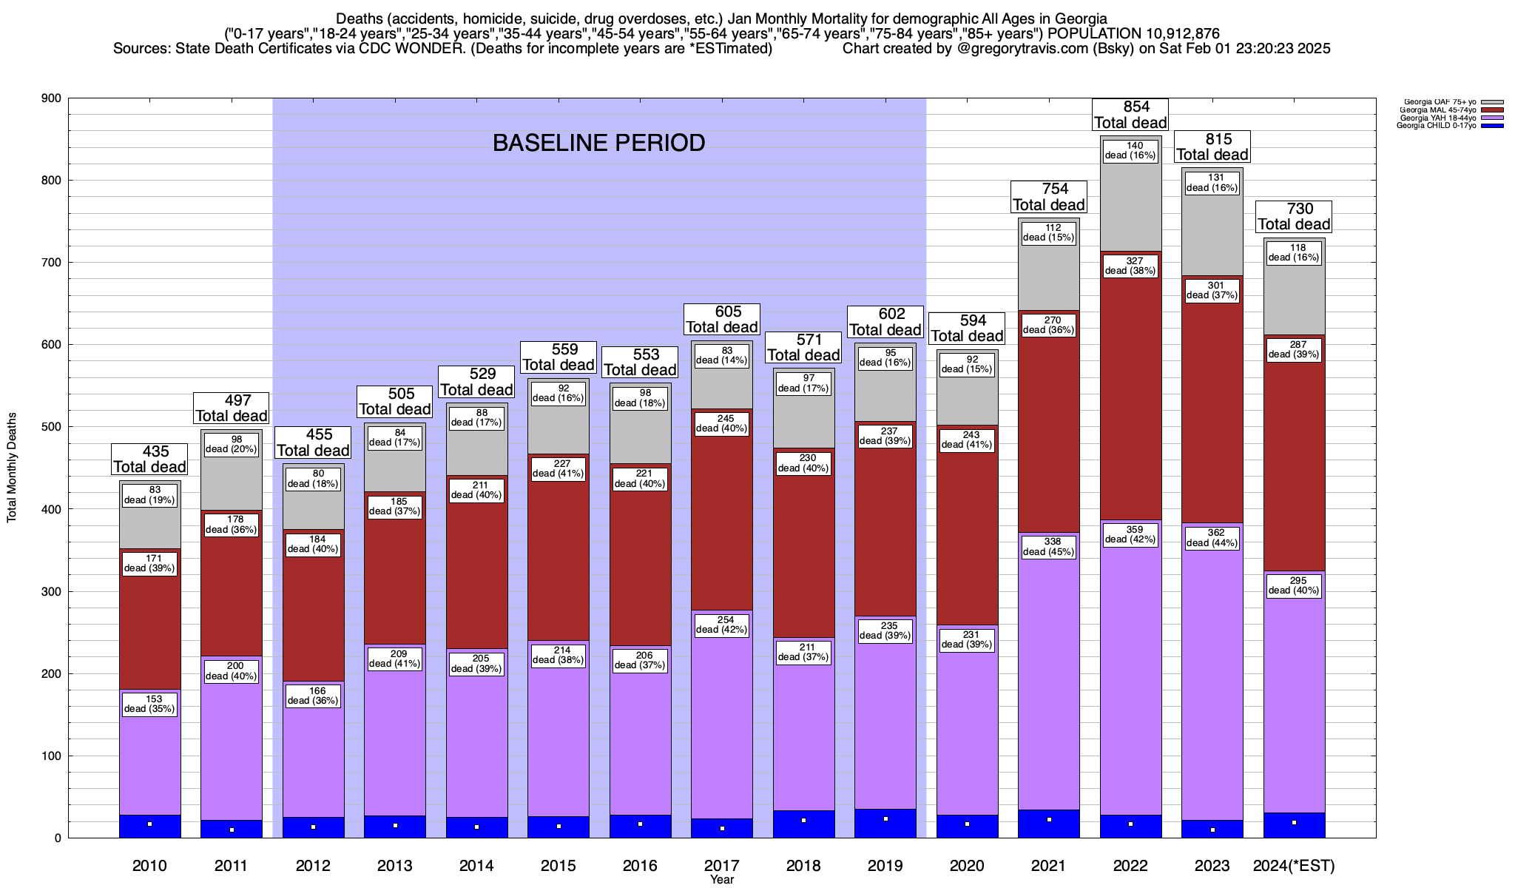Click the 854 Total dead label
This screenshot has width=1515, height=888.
[1130, 115]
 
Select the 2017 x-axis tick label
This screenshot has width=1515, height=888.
[722, 865]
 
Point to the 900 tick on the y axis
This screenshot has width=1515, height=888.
[53, 98]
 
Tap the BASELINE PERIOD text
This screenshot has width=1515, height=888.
[598, 143]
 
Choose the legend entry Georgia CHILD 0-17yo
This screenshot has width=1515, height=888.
[1436, 126]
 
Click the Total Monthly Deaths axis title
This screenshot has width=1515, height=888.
[12, 468]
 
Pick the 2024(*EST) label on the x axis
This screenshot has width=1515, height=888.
[1294, 865]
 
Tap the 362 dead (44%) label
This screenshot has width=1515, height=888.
[1212, 538]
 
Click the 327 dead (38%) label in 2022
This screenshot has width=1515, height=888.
[1130, 266]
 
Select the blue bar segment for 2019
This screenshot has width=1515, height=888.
[885, 823]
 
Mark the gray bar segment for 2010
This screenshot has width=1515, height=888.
[150, 514]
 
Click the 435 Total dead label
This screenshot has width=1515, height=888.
[149, 459]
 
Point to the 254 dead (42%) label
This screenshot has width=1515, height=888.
[722, 625]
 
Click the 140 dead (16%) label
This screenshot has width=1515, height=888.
[1130, 150]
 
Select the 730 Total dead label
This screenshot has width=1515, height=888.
[1294, 216]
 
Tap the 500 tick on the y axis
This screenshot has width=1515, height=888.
[53, 427]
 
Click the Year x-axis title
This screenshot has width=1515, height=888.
[722, 880]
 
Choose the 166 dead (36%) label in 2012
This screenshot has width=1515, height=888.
[313, 696]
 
